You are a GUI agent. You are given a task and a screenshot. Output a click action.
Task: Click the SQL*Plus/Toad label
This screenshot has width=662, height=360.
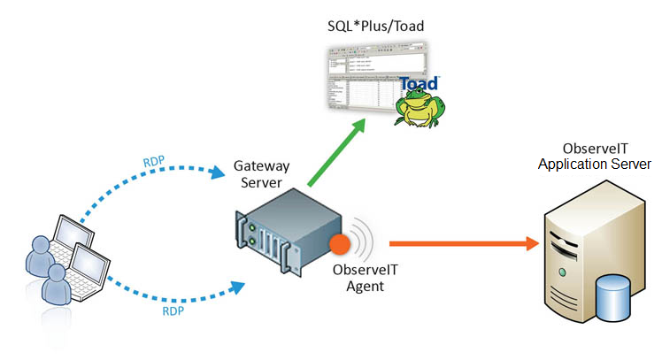[x=375, y=27]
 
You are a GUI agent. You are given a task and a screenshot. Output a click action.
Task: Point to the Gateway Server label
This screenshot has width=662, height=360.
[x=260, y=174]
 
